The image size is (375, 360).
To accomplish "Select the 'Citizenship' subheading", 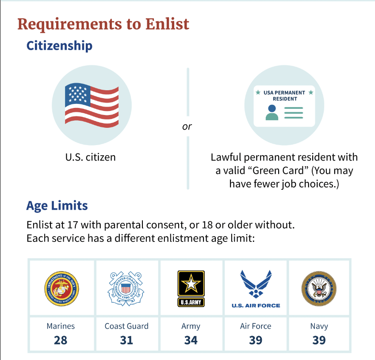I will click(59, 46).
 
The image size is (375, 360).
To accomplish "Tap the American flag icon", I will click(92, 105).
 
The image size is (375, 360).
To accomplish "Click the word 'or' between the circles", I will click(187, 126).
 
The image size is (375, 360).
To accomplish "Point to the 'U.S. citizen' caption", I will click(90, 157).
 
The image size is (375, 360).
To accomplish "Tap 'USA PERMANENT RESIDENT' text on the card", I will click(284, 96).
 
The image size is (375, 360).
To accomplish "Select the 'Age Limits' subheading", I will click(57, 206).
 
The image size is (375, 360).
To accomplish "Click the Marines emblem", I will click(61, 288).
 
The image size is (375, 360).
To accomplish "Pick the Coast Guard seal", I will click(126, 288).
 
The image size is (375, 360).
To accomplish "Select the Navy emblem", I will click(319, 288).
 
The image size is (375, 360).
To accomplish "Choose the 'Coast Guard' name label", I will click(126, 326).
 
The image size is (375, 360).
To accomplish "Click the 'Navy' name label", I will click(319, 326).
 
